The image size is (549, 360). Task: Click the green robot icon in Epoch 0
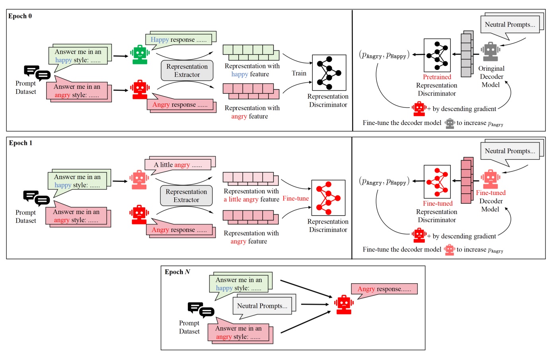tap(140, 54)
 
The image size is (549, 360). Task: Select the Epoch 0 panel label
tap(20, 16)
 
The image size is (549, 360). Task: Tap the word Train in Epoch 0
tap(299, 73)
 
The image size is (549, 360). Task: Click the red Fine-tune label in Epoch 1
tap(296, 198)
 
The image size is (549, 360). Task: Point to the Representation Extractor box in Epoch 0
tap(187, 70)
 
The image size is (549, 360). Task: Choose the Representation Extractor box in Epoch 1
tap(186, 196)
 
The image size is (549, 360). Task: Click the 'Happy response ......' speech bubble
tap(181, 39)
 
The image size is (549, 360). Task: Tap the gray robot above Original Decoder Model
tap(491, 52)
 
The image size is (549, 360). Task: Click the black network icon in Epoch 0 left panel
tap(329, 73)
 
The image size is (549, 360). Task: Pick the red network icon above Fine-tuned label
tap(437, 182)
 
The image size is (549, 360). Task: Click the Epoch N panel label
tap(177, 272)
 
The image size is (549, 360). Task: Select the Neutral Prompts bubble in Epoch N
tap(262, 306)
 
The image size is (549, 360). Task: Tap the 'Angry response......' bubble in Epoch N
tap(384, 289)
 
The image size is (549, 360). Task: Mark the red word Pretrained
tap(437, 77)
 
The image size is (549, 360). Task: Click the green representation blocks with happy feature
tap(251, 52)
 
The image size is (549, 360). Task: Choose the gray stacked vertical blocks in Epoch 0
tap(467, 54)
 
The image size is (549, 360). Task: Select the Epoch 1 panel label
tap(21, 143)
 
